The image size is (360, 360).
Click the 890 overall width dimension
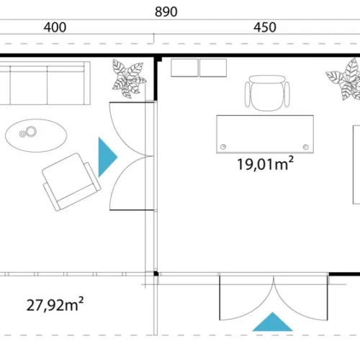point(166,12)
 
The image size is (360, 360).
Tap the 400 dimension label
point(55,27)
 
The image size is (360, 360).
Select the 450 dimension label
point(265,27)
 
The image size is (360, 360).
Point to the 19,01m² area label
point(265,163)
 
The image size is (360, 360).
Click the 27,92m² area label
point(55,305)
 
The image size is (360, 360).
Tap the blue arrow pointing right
point(108,157)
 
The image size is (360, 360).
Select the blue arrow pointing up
point(272,322)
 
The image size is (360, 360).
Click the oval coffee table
point(36,135)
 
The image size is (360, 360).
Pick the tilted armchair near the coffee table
point(71,182)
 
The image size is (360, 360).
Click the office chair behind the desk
point(267,93)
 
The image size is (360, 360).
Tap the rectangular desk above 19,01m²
point(265,134)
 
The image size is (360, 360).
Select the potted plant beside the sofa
point(129,79)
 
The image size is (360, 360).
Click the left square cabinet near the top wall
point(184,68)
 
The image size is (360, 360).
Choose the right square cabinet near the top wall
point(213,68)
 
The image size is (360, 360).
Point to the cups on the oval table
point(28,132)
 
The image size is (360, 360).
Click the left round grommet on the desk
point(223,147)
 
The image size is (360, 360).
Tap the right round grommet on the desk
point(306,147)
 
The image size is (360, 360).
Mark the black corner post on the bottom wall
point(156,274)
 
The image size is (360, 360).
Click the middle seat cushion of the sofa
point(29,85)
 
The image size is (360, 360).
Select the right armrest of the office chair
point(287,94)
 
